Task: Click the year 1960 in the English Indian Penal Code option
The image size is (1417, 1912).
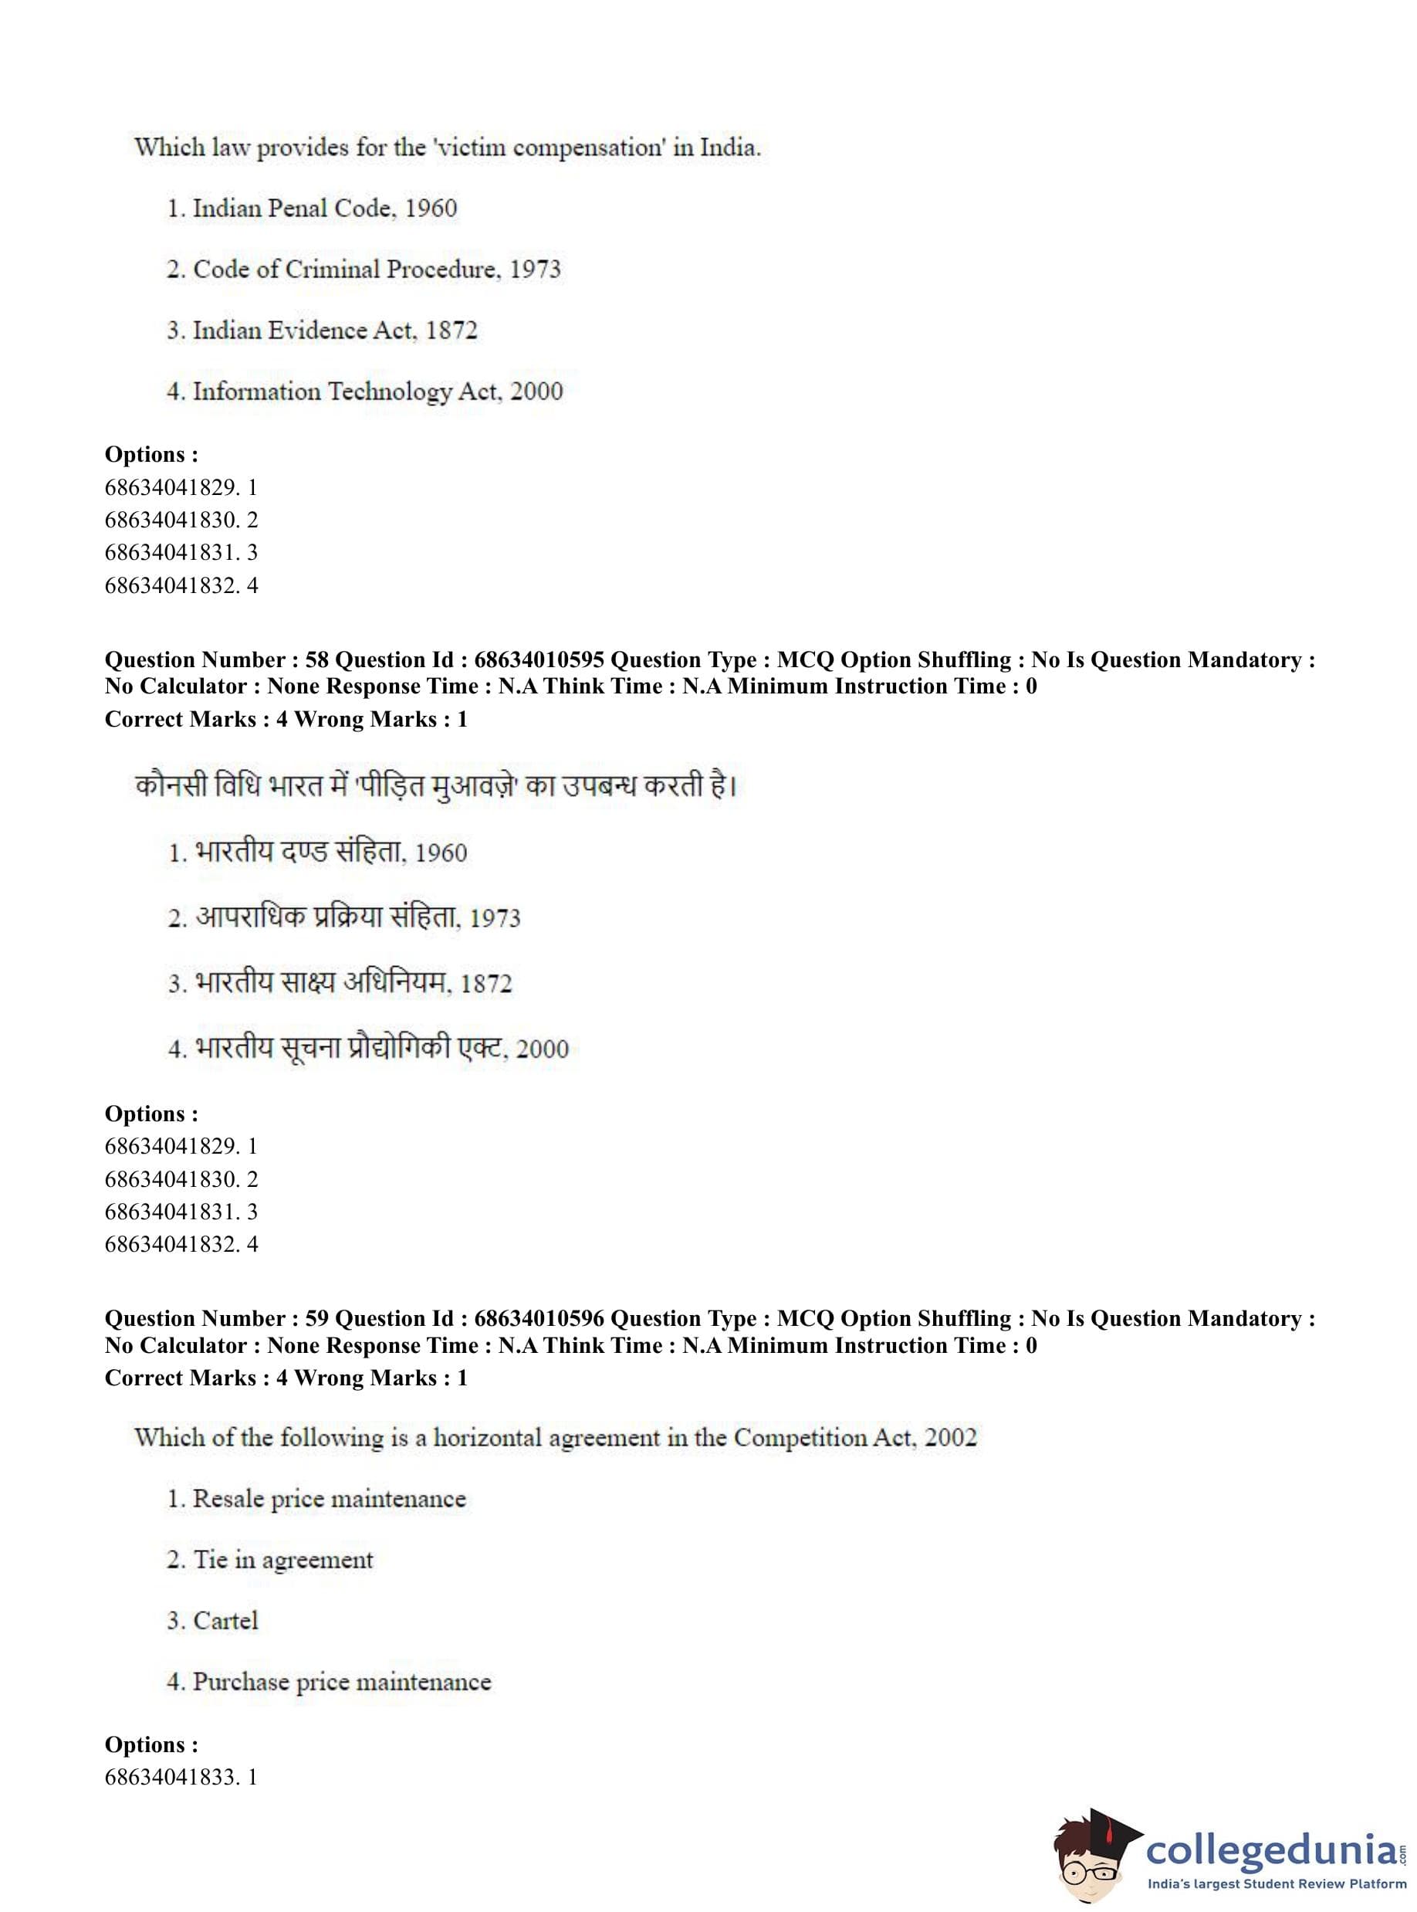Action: [x=431, y=208]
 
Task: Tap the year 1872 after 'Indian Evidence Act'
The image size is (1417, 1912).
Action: [x=451, y=331]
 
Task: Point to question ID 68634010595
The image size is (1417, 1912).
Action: [x=539, y=660]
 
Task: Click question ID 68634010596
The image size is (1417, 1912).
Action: [x=539, y=1319]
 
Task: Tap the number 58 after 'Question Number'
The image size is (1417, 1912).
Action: [x=316, y=660]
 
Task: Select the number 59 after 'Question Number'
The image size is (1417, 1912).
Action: [x=316, y=1319]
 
